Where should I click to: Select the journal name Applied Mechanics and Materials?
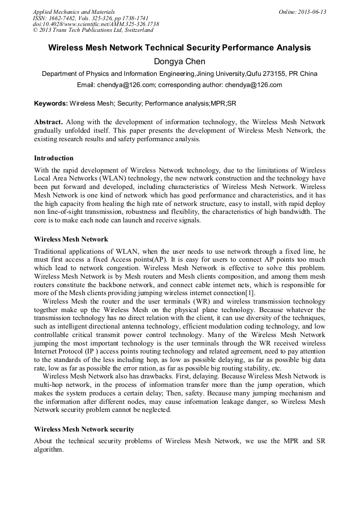point(74,12)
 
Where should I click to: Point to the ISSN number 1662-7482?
point(63,18)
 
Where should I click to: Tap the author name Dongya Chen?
point(179,62)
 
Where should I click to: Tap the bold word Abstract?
point(49,122)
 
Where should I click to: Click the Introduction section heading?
point(54,158)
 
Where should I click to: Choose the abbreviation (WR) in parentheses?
point(202,301)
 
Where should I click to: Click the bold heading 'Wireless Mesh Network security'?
point(84,429)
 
